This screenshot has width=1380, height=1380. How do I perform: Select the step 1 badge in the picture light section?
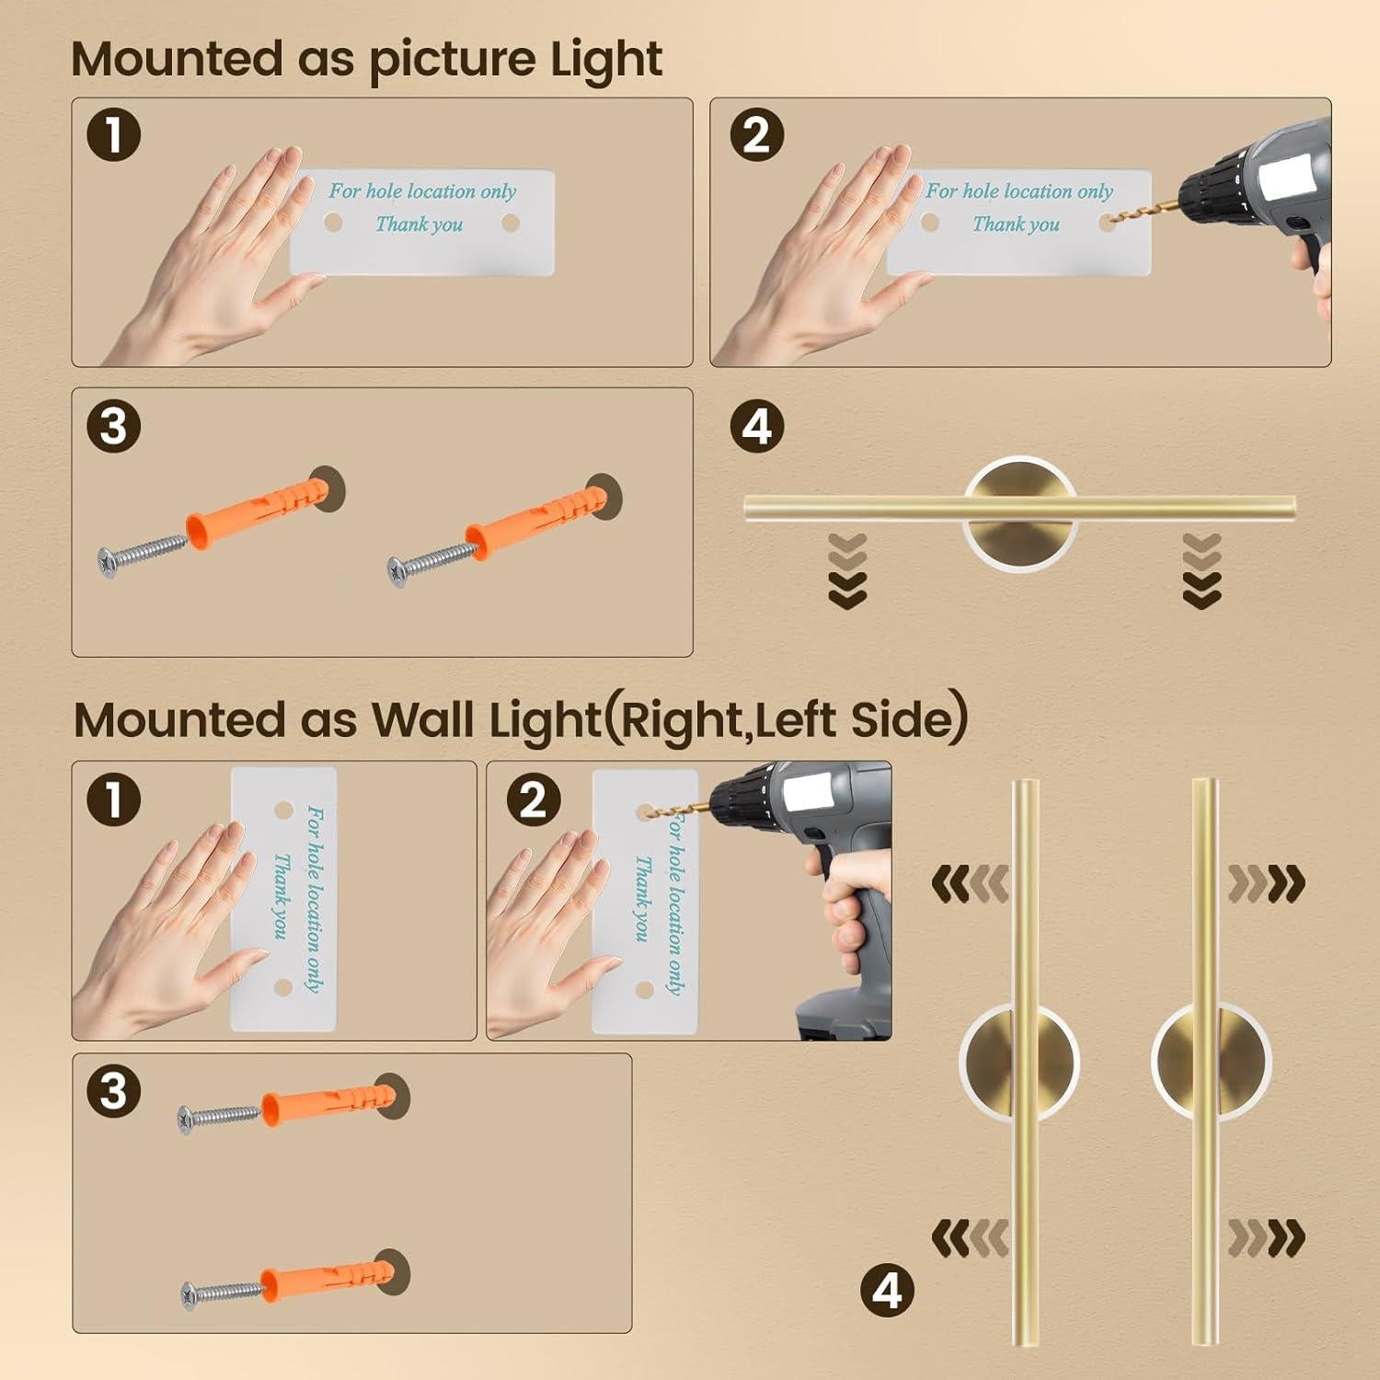pos(113,135)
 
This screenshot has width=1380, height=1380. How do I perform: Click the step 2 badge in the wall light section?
pos(534,799)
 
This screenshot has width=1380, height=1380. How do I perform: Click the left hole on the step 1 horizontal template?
pos(333,223)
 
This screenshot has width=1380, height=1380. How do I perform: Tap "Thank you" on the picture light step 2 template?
pos(1016,224)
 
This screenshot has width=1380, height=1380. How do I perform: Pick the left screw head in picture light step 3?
pos(108,558)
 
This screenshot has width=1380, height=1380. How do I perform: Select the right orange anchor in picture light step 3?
pos(534,521)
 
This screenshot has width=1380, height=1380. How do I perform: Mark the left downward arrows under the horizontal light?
pos(847,571)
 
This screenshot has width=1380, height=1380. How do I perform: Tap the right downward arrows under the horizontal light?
pos(1202,571)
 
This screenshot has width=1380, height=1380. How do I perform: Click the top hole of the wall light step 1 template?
pos(284,811)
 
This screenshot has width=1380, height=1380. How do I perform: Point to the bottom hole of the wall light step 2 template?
pos(646,989)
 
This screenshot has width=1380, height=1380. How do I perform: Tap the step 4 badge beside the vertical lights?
pos(887,1290)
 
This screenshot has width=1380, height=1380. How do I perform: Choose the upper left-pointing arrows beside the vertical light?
pos(970,884)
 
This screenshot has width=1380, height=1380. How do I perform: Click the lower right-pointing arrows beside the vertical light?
pos(1267,1239)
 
